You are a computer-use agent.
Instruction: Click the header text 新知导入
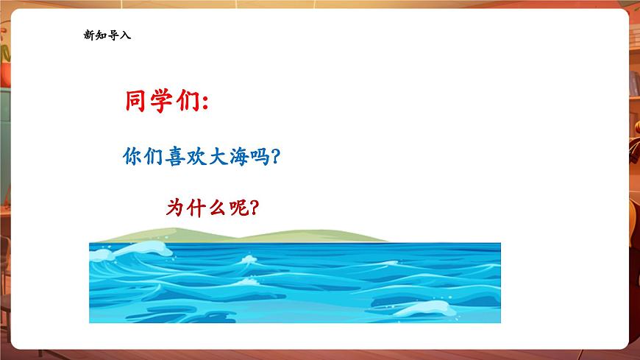(107, 35)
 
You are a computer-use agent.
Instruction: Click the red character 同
(135, 102)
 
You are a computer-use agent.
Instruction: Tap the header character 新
(90, 35)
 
